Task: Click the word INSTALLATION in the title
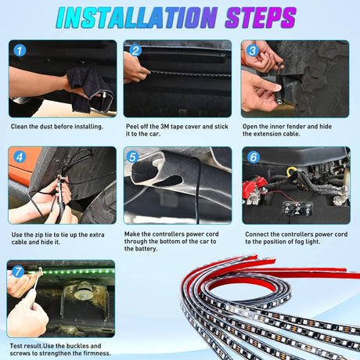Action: [x=137, y=17]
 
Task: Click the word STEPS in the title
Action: [x=261, y=17]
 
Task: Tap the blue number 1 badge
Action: [x=20, y=50]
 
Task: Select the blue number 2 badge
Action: [x=135, y=51]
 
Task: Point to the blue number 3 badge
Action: [x=253, y=50]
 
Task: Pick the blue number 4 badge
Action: [x=20, y=157]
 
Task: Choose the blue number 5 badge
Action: [x=133, y=157]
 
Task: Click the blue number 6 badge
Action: [x=254, y=157]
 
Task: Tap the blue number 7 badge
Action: [x=18, y=272]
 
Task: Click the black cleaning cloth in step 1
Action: [x=88, y=88]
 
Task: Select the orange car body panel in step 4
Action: [x=21, y=164]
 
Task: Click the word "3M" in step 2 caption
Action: [x=165, y=127]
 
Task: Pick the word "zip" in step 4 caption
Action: [x=39, y=235]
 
